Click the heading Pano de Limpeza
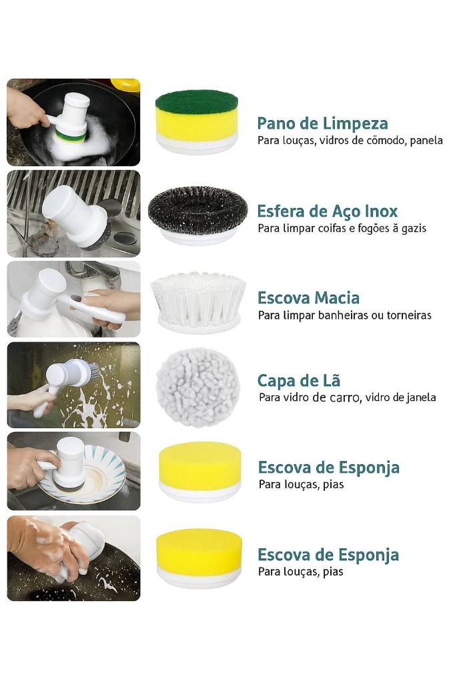click(x=322, y=123)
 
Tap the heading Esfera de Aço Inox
click(x=328, y=211)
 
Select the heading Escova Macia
click(x=309, y=298)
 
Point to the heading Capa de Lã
click(x=298, y=380)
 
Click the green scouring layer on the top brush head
click(x=197, y=101)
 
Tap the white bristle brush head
click(x=198, y=296)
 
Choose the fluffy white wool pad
click(x=198, y=387)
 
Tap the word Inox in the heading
click(x=381, y=211)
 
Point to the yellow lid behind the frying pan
click(x=125, y=85)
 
